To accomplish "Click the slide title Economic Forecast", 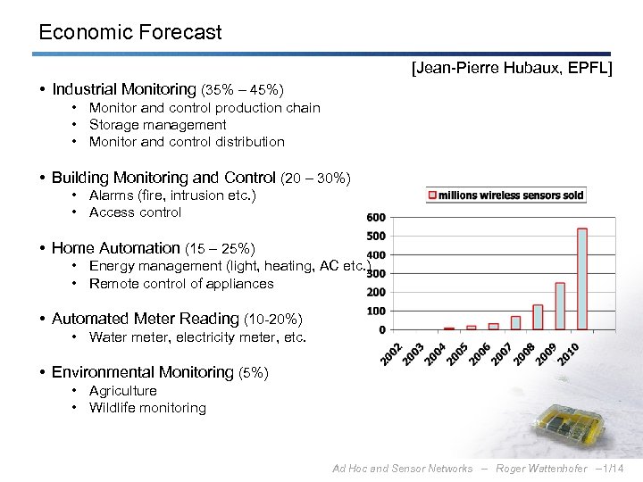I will pyautogui.click(x=130, y=33).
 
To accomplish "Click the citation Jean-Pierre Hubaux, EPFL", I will pyautogui.click(x=511, y=68).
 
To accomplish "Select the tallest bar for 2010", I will pyautogui.click(x=582, y=278).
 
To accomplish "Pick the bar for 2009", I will pyautogui.click(x=560, y=306).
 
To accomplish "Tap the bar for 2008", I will pyautogui.click(x=538, y=317).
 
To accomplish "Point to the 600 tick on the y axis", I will pyautogui.click(x=376, y=218).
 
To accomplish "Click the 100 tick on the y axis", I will pyautogui.click(x=376, y=311).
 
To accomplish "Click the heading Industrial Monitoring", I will pyautogui.click(x=123, y=89).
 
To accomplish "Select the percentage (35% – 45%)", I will pyautogui.click(x=243, y=90).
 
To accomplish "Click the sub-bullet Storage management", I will pyautogui.click(x=158, y=125).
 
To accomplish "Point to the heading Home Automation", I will pyautogui.click(x=116, y=248).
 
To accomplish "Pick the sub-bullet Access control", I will pyautogui.click(x=136, y=212).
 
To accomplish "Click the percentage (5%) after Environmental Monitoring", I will pyautogui.click(x=253, y=373).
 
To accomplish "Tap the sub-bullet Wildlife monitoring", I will pyautogui.click(x=147, y=408).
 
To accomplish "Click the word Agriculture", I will pyautogui.click(x=123, y=391).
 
